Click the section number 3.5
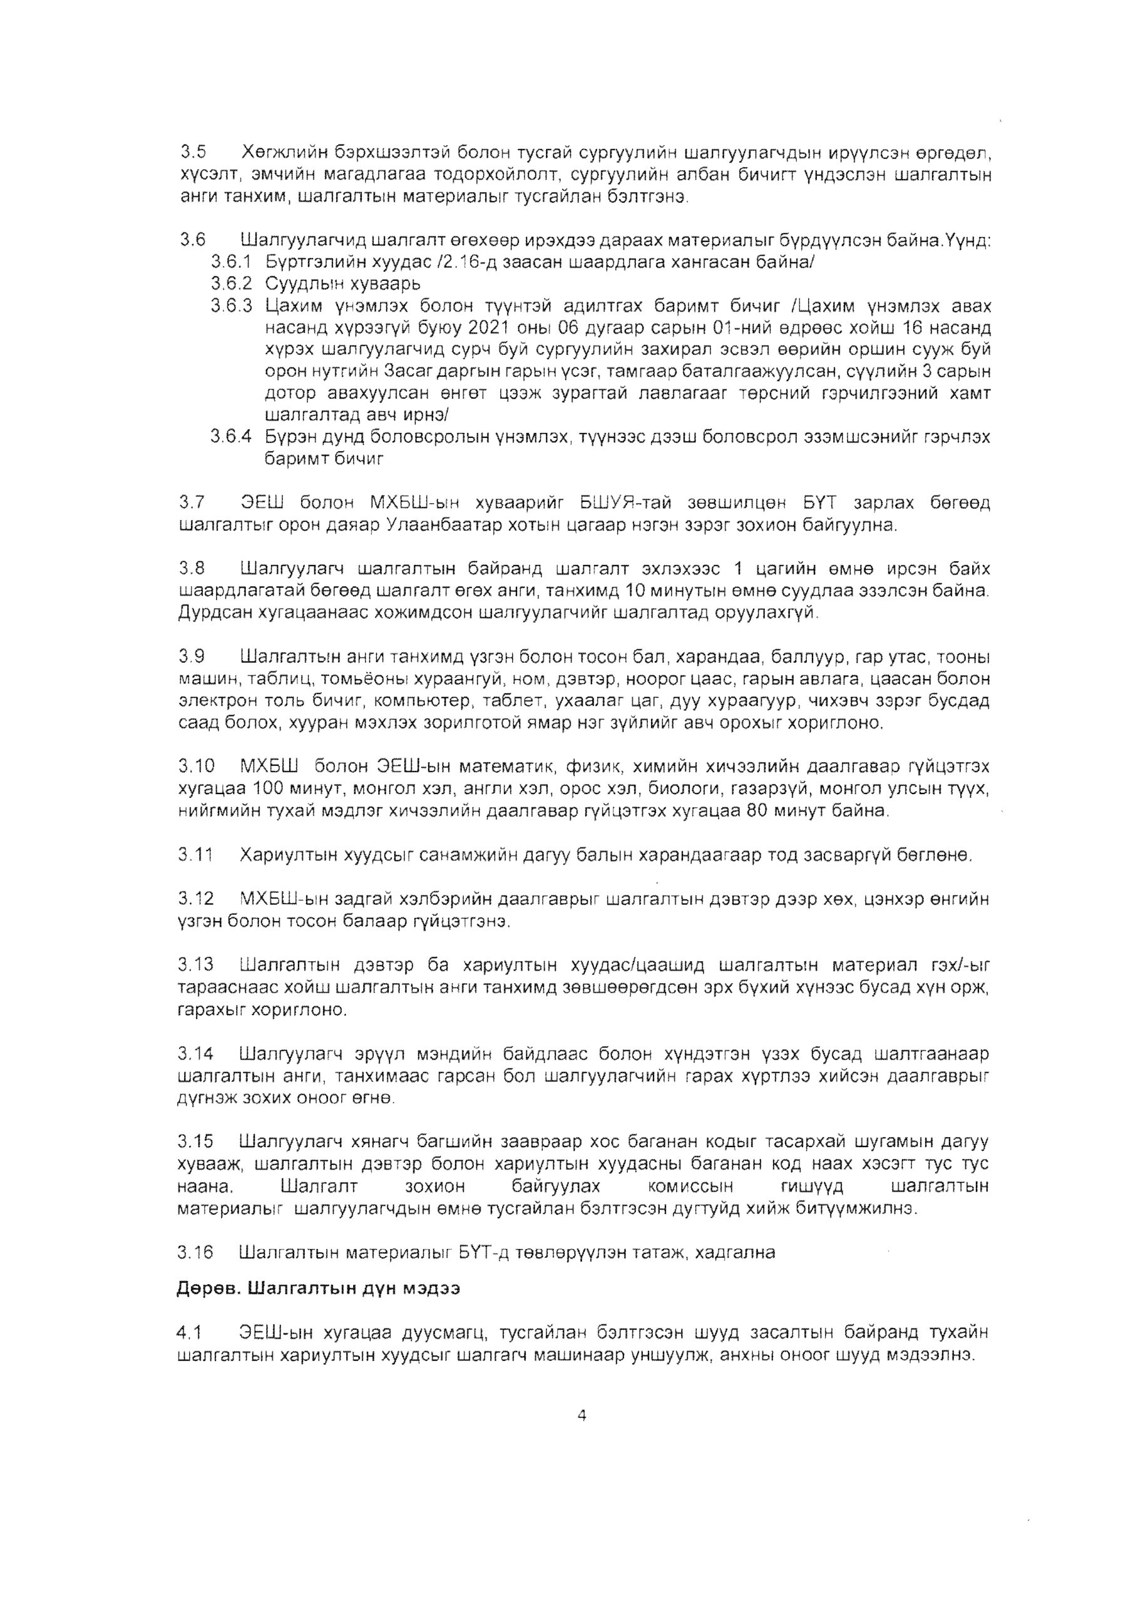pos(193,151)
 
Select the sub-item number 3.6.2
pos(230,284)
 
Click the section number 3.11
pos(195,855)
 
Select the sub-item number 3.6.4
pos(230,437)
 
